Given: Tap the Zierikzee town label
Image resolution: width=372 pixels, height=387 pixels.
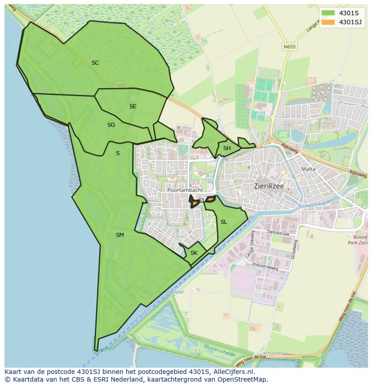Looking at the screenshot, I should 270,185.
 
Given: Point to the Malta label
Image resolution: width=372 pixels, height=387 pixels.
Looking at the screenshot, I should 309,169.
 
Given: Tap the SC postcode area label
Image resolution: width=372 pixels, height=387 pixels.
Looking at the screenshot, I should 95,63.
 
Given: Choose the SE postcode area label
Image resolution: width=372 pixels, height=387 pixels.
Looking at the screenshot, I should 133,107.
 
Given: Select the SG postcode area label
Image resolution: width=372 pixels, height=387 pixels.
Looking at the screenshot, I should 111,125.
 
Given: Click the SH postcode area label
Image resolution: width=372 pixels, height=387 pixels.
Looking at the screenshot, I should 227,148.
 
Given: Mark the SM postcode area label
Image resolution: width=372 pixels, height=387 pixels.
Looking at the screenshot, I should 120,235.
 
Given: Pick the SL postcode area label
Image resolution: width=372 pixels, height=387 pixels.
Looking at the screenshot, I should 224,222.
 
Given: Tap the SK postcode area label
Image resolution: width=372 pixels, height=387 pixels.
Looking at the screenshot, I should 194,253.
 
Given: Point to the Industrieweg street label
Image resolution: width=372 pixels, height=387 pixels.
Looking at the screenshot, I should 265,267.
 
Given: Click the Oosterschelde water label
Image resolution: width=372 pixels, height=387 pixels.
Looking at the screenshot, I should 220,351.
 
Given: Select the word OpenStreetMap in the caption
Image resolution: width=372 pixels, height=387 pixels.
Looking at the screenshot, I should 245,380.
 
